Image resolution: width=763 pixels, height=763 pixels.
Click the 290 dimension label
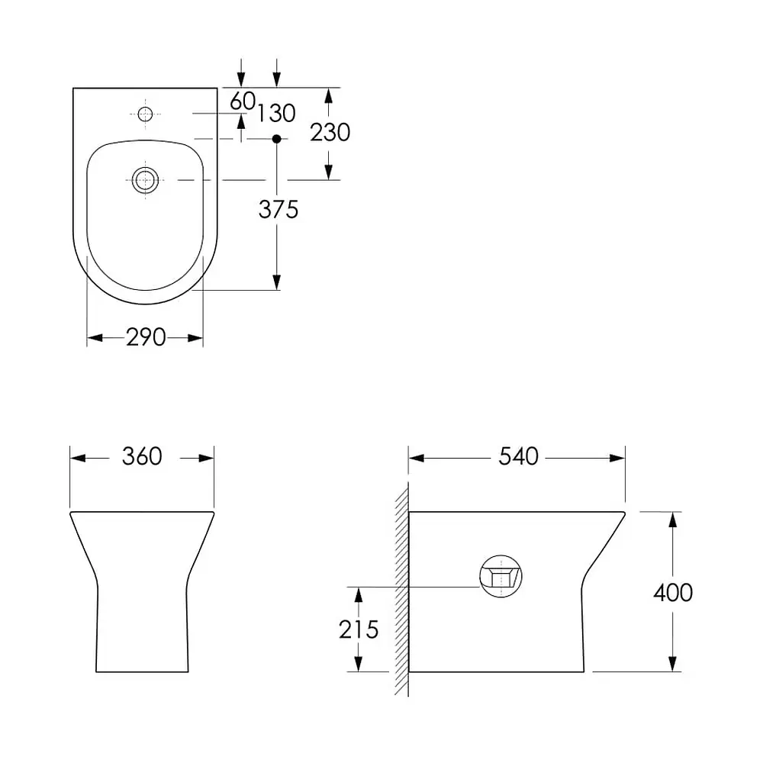(146, 337)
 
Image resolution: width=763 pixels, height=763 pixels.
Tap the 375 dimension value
(278, 210)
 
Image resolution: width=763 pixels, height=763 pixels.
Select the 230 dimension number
(330, 132)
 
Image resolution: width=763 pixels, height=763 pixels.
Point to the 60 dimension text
(243, 101)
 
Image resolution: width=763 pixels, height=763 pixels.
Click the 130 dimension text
(276, 114)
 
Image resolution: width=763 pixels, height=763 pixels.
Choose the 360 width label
(142, 456)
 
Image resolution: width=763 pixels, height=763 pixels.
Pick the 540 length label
(519, 456)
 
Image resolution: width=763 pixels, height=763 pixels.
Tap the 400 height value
(673, 593)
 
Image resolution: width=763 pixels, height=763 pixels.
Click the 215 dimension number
(359, 629)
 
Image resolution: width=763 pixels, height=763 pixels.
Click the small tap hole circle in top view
(145, 114)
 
